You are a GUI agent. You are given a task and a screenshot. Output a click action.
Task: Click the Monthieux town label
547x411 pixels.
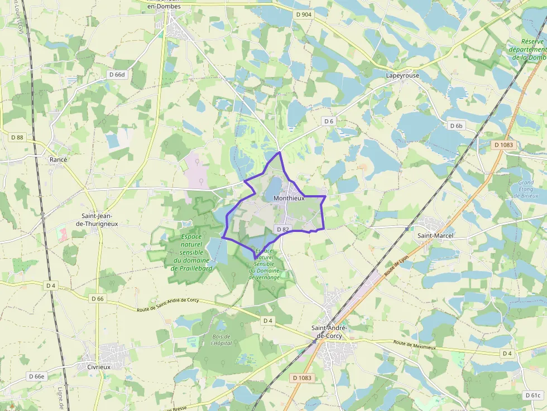[289, 198]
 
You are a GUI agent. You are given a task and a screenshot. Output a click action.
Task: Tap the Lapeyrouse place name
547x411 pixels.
[402, 75]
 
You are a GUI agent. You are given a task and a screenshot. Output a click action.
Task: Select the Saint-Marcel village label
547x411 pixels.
[435, 236]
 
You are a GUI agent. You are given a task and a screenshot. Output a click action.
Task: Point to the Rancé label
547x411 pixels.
[58, 159]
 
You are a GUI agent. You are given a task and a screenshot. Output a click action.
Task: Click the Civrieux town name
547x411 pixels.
[99, 367]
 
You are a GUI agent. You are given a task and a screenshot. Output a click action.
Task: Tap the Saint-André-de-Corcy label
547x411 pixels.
[329, 332]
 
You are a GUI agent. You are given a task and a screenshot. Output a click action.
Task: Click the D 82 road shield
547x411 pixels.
[282, 229]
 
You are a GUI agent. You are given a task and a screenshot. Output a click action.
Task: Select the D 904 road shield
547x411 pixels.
[304, 14]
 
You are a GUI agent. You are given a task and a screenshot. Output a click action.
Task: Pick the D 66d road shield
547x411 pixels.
[118, 74]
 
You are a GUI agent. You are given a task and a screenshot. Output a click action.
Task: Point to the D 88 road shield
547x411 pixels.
[17, 137]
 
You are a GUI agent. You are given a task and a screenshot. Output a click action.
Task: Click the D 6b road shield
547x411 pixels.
[456, 126]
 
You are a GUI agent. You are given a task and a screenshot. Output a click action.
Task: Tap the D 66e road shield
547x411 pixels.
[36, 376]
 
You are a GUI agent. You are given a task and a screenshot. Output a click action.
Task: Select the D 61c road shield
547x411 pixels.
[533, 395]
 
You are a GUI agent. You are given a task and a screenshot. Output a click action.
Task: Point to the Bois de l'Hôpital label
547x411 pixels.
[222, 340]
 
